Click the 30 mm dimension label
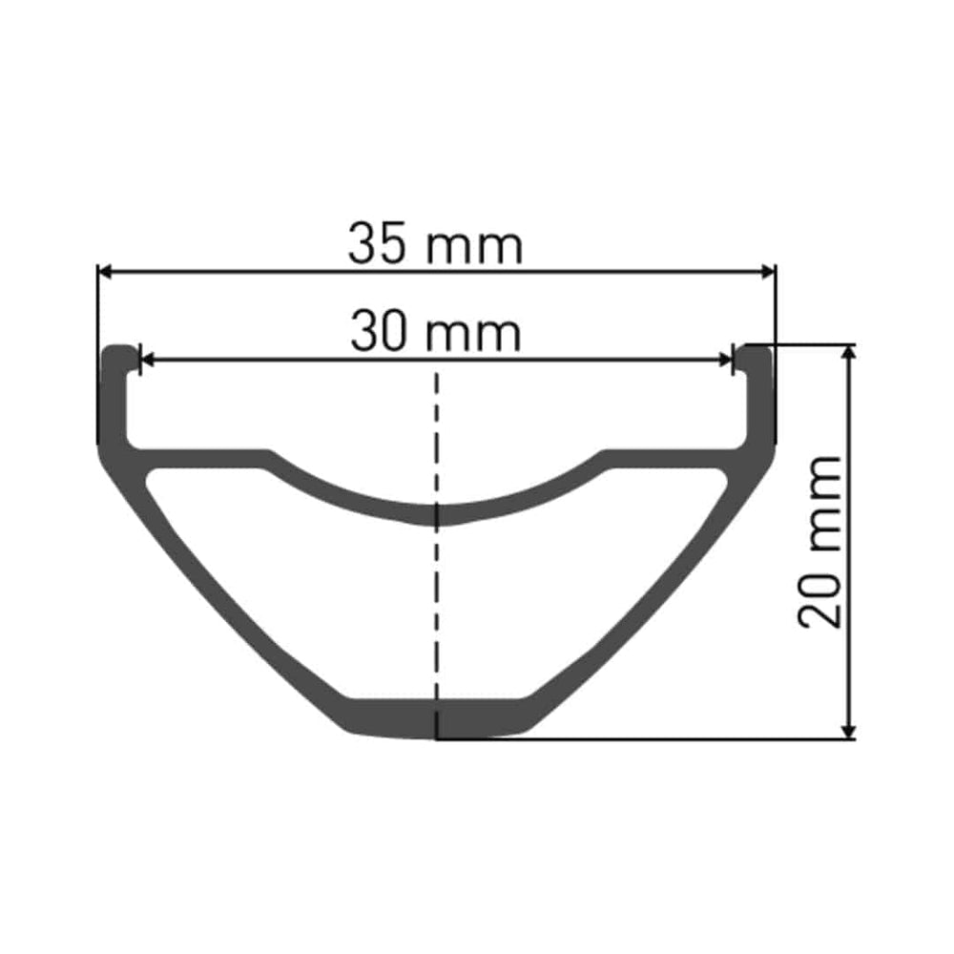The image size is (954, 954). tap(436, 333)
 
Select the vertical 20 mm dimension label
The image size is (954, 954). tap(819, 542)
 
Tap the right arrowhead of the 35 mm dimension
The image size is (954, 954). tap(768, 273)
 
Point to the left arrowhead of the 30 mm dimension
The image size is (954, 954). tap(148, 361)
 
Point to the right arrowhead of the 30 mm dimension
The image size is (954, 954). tap(725, 361)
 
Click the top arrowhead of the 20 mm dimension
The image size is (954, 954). tap(849, 353)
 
